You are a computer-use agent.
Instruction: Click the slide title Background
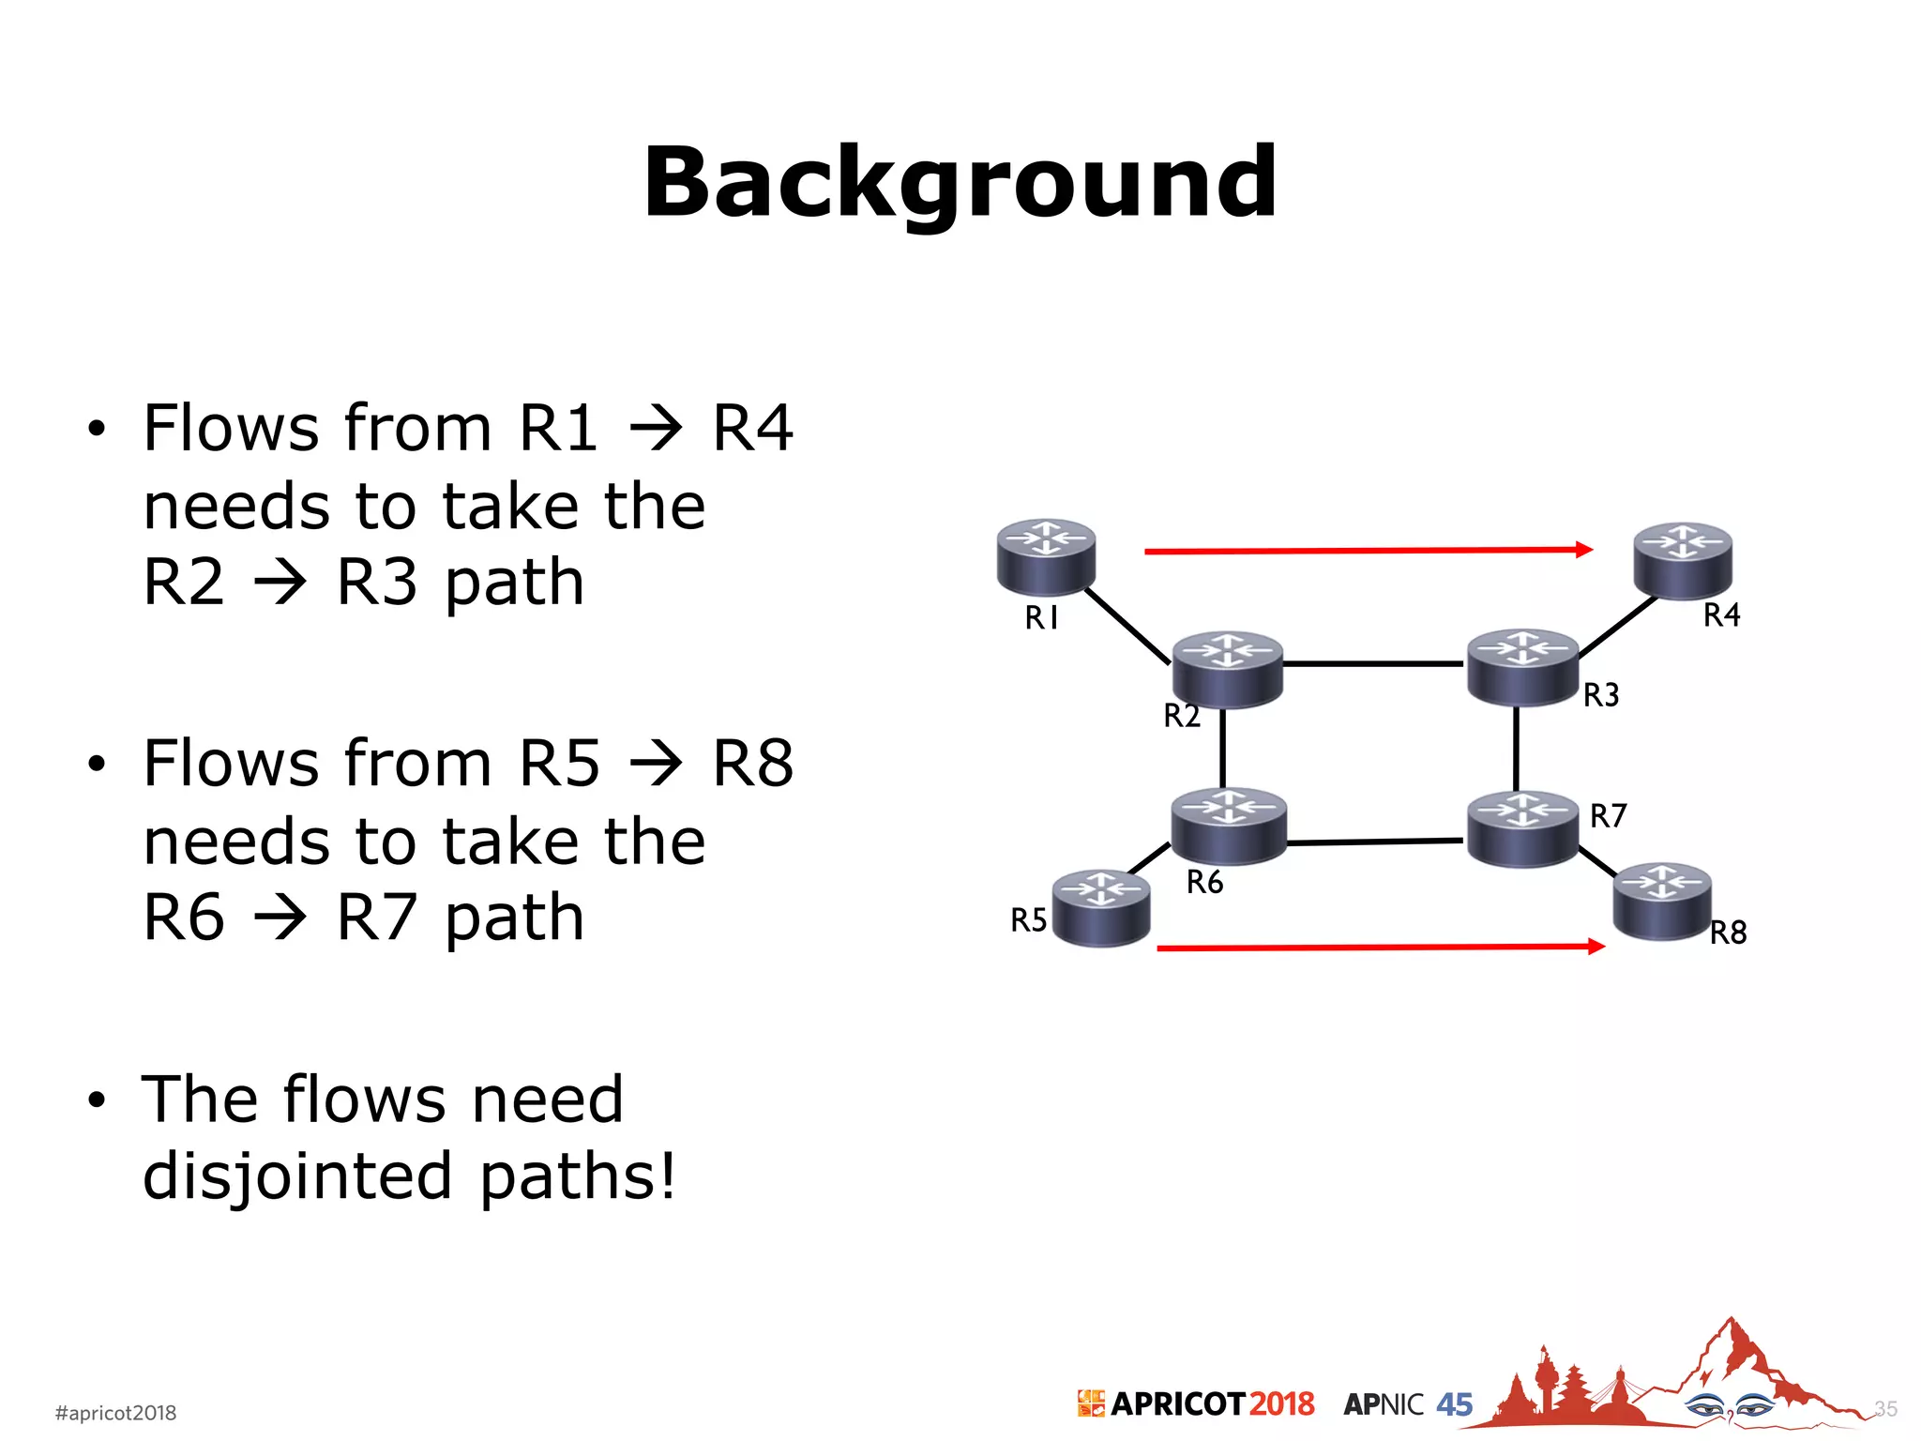[960, 183]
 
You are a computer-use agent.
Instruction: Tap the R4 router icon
[1683, 560]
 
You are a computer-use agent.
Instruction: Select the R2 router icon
[1227, 668]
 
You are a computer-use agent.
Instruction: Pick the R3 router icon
[1522, 665]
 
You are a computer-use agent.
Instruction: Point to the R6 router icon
[1228, 825]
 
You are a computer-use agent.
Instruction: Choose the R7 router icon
[1522, 828]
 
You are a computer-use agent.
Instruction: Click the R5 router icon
[1101, 907]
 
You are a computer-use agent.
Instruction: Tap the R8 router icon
[1662, 901]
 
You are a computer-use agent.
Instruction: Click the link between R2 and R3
[1373, 663]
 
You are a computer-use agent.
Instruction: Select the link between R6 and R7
[1375, 842]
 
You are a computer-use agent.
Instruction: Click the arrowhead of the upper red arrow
[1584, 549]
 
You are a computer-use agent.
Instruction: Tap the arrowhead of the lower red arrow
[1596, 947]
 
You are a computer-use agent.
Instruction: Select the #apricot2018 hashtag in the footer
[115, 1412]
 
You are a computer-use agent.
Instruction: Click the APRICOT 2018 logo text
[1211, 1403]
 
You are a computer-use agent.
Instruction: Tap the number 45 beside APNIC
[1454, 1404]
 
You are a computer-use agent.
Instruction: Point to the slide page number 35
[1885, 1408]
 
